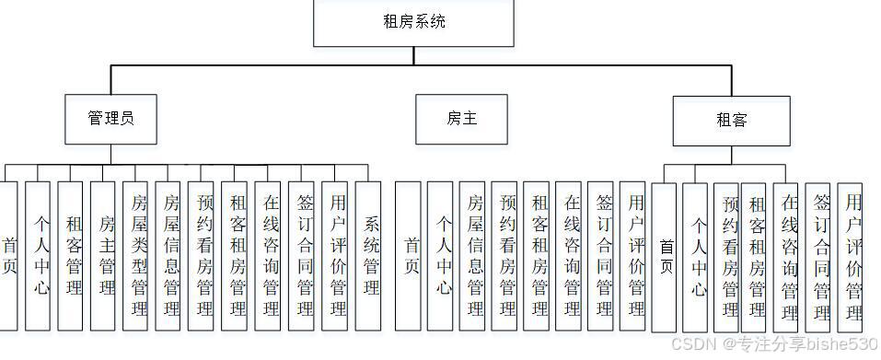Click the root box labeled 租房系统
[413, 22]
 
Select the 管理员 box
[111, 119]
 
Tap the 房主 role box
[460, 119]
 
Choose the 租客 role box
[731, 121]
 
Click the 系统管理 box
[368, 255]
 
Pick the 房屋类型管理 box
[135, 255]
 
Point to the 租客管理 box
[70, 255]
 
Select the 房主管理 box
[103, 255]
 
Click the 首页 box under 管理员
[7, 255]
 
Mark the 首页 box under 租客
[664, 256]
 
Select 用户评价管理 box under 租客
[850, 256]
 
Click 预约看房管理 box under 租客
[726, 256]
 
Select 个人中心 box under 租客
[696, 256]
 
